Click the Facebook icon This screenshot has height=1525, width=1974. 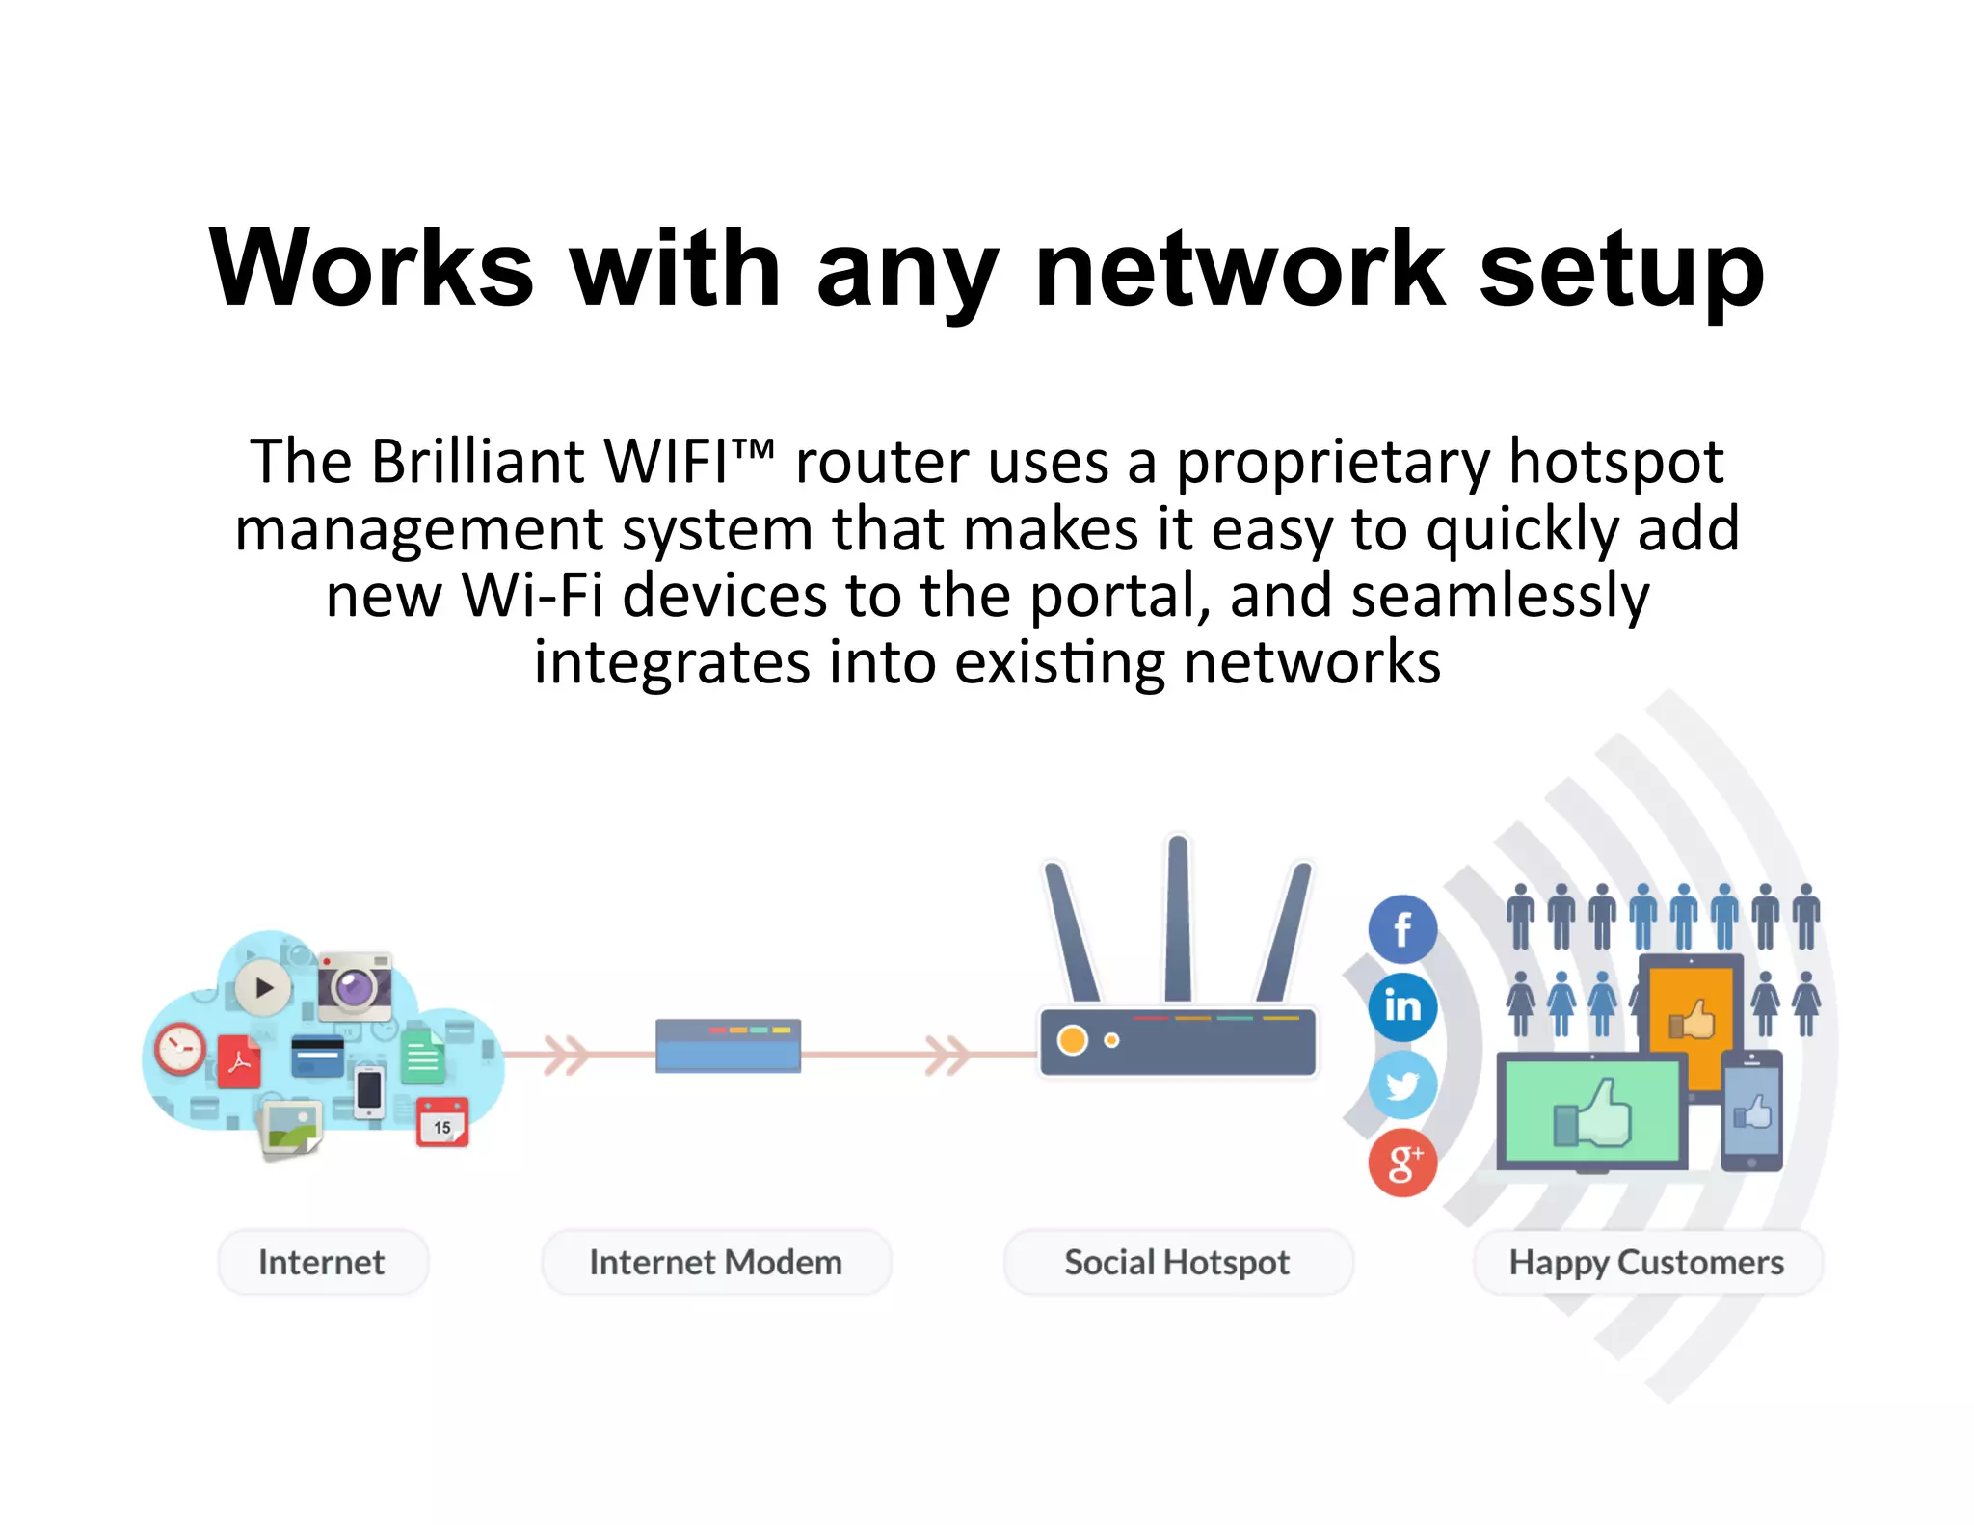[1402, 929]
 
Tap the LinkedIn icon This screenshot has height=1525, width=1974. [1402, 1007]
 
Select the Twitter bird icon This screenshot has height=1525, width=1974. [1402, 1085]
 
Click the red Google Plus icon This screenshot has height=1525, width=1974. [1402, 1164]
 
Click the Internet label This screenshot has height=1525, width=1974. [322, 1262]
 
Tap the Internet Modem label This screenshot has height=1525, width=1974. [715, 1262]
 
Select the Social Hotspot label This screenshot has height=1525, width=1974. [1177, 1262]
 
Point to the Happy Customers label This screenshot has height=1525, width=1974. [1646, 1262]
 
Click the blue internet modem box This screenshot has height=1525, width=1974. [728, 1046]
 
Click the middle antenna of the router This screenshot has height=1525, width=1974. [1178, 921]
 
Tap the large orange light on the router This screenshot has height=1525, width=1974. [1072, 1040]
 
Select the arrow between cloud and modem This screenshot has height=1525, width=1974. [567, 1055]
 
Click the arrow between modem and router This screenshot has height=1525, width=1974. [947, 1055]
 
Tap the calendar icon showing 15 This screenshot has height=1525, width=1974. [442, 1123]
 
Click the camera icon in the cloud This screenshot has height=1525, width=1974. [355, 987]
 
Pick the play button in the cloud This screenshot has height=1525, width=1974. [263, 988]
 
